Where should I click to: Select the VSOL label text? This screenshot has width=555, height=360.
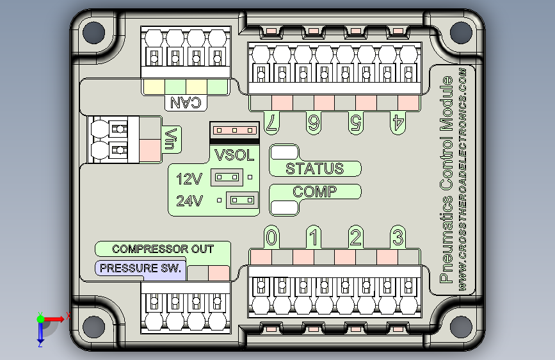coord(234,154)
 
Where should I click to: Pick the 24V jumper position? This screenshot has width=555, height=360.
coord(242,200)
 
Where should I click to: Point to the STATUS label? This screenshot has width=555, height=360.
coord(314,169)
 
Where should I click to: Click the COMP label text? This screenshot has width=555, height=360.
coord(314,192)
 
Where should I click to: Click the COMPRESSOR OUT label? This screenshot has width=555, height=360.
coord(163,249)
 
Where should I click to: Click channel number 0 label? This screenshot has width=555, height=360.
coord(272,238)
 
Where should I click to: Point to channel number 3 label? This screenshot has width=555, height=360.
coord(398,238)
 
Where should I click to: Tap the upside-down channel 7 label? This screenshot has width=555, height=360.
coord(272,123)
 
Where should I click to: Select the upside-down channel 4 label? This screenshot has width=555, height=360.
coord(398,123)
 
